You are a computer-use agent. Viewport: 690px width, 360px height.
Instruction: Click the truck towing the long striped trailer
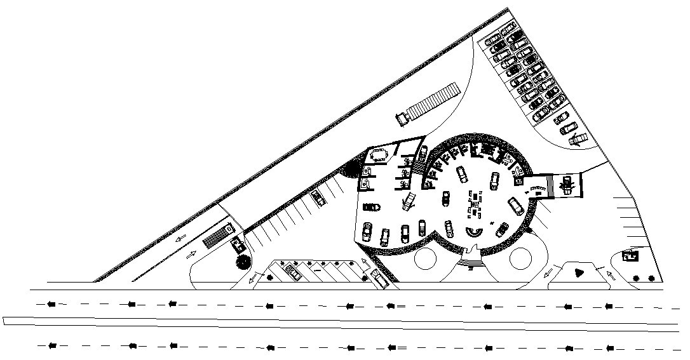(402, 117)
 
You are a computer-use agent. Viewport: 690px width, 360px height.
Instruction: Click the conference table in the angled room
(380, 154)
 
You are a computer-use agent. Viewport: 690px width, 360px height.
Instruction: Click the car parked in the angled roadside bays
(294, 271)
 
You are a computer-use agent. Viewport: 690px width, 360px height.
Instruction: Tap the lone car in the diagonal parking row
(318, 197)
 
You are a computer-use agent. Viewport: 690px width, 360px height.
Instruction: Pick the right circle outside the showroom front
(520, 258)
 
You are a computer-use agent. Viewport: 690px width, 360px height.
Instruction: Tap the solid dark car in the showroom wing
(372, 207)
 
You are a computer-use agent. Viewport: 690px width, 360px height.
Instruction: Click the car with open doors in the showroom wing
(409, 201)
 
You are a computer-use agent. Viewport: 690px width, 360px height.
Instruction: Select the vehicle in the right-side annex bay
(567, 185)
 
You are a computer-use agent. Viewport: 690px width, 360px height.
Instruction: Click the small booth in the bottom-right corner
(631, 257)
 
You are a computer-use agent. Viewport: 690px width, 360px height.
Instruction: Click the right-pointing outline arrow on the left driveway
(190, 256)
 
